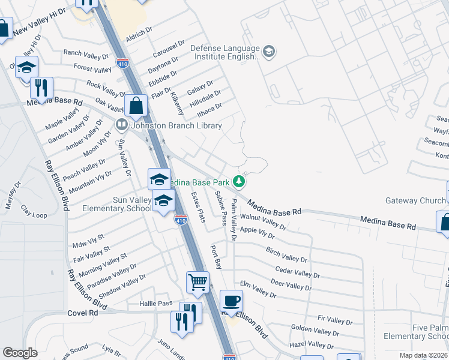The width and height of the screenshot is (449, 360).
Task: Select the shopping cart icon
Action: coord(197,281)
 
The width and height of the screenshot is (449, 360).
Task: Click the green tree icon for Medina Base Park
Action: coord(240,181)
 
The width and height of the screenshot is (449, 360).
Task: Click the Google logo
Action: coord(20,353)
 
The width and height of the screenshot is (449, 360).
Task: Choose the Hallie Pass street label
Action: coord(156,304)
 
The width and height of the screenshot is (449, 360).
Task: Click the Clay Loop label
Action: coord(34,211)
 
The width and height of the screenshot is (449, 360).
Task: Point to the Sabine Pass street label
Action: coord(220,208)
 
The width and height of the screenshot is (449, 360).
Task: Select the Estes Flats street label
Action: coord(198,207)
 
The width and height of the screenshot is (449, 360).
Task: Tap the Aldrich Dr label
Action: coord(139,35)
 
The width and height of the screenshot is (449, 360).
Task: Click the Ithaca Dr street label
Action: coord(210,109)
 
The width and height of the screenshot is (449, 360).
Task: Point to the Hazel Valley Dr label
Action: coord(312,344)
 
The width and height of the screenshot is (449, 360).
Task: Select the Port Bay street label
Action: coord(216,256)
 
